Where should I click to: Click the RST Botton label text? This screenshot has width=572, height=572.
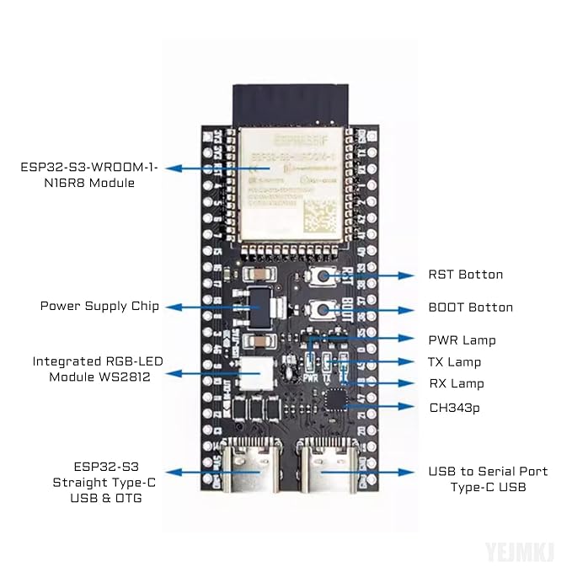[465, 275]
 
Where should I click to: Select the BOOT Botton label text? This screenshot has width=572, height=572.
[470, 307]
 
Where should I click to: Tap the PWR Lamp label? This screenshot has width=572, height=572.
[462, 340]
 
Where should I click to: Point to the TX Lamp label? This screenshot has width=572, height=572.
[455, 362]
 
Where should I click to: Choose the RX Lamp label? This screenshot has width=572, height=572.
[455, 383]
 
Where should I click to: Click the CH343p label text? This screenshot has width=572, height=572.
[456, 408]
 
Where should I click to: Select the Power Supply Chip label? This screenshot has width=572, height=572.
[99, 305]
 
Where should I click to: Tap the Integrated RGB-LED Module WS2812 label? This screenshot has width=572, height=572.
[99, 369]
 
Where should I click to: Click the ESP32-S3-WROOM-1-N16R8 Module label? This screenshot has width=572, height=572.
[89, 174]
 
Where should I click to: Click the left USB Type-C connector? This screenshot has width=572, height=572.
[249, 468]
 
